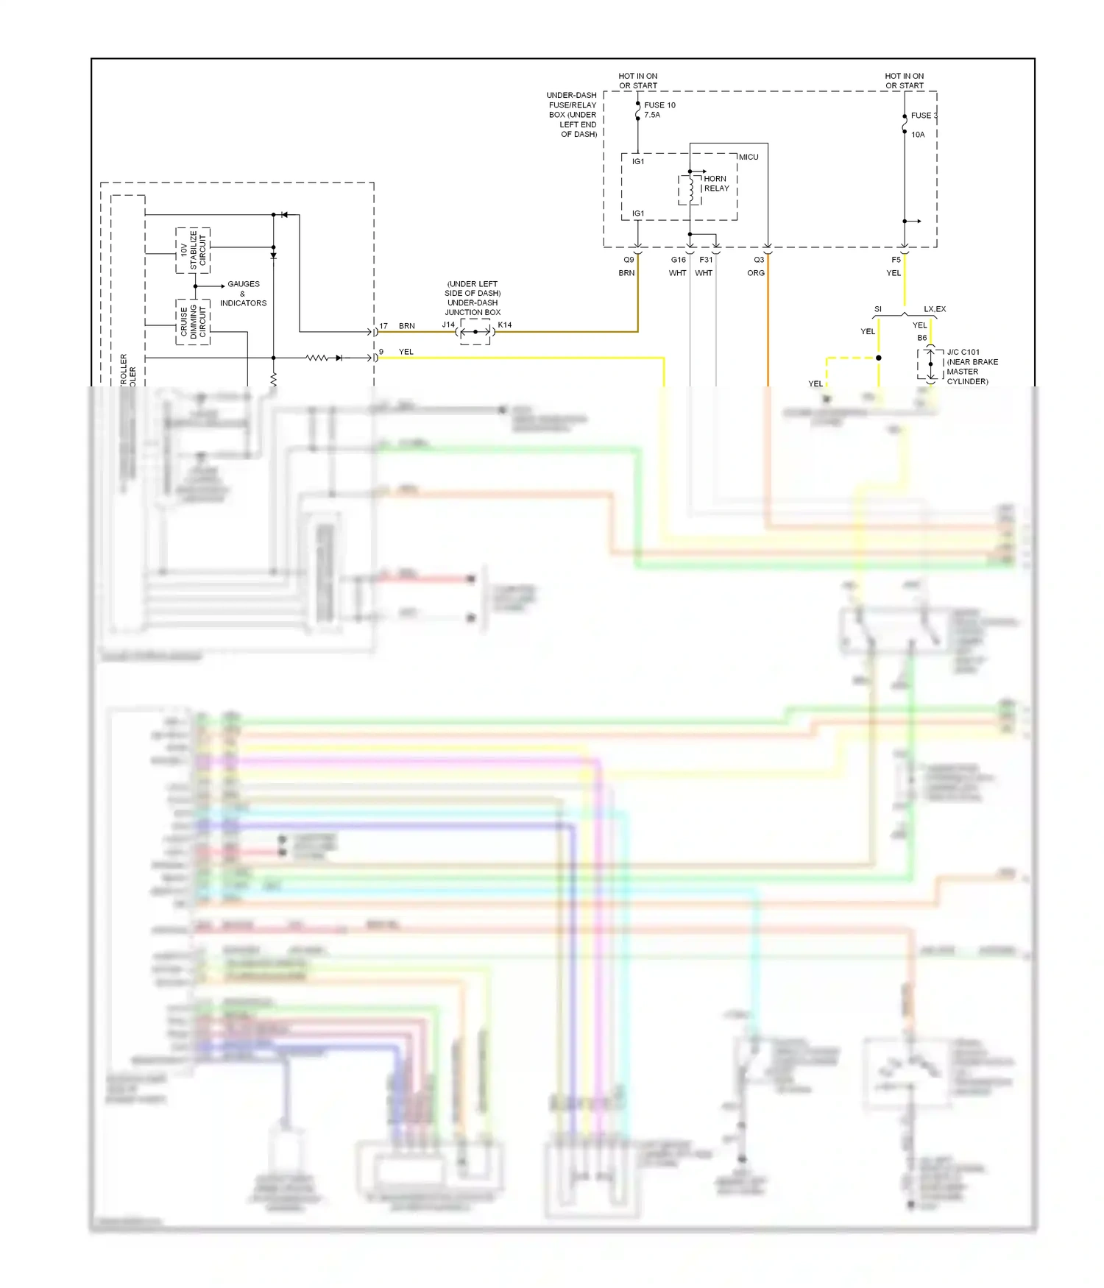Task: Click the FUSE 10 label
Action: point(659,105)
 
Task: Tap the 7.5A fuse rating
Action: point(652,115)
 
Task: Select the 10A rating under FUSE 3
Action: point(918,135)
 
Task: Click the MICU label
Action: point(749,157)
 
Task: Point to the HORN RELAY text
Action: point(716,183)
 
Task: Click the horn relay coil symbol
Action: point(691,189)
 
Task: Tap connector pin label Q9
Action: point(629,260)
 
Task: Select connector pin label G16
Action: point(678,260)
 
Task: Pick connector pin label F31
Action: point(706,260)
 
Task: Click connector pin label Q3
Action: point(759,260)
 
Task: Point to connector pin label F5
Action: point(896,260)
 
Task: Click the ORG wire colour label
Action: point(756,273)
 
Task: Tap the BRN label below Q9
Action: point(626,273)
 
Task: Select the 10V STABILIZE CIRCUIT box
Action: point(193,250)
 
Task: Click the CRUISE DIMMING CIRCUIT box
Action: point(193,322)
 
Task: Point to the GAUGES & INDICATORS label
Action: point(243,293)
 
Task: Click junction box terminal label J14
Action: point(448,325)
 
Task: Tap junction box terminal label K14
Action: point(505,325)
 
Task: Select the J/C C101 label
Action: point(963,352)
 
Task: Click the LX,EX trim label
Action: point(935,309)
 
